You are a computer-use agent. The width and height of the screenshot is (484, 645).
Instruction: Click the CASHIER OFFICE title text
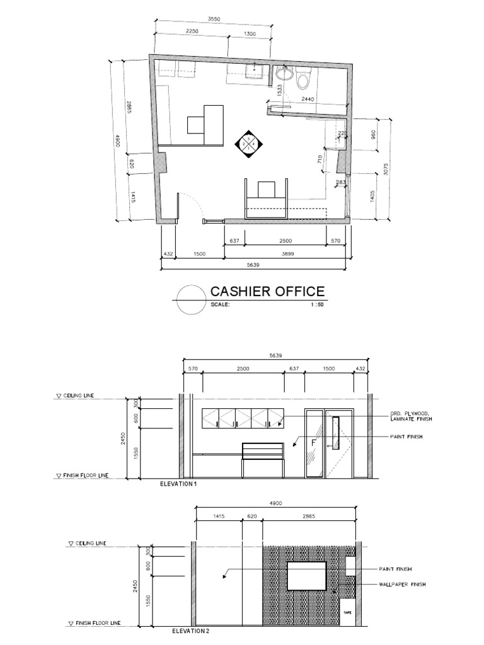267,292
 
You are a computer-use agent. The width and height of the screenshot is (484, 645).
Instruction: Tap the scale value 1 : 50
316,304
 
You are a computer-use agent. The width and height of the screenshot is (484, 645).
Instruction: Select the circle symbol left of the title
190,299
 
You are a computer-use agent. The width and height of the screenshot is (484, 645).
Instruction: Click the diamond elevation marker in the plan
248,144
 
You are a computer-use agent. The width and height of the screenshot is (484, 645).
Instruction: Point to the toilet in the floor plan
302,79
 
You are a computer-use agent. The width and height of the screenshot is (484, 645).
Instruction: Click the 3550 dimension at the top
214,20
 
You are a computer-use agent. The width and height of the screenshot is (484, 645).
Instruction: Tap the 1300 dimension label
250,34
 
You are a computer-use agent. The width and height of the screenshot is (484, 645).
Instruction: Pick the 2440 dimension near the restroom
309,100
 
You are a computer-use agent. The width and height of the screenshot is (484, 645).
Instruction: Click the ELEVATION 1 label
178,484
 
